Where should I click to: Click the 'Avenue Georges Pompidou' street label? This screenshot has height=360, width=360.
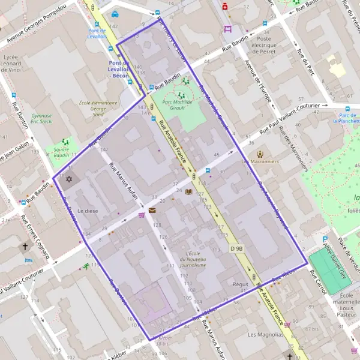point(38,27)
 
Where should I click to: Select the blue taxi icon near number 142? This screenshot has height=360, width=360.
point(115,15)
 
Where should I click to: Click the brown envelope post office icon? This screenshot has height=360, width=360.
point(152,211)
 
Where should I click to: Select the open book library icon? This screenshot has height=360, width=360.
point(189,192)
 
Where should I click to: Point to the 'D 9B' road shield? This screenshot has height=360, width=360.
point(236,248)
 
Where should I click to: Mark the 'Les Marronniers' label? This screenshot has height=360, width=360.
point(260,161)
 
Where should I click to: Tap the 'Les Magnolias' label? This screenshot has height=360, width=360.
point(264,334)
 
